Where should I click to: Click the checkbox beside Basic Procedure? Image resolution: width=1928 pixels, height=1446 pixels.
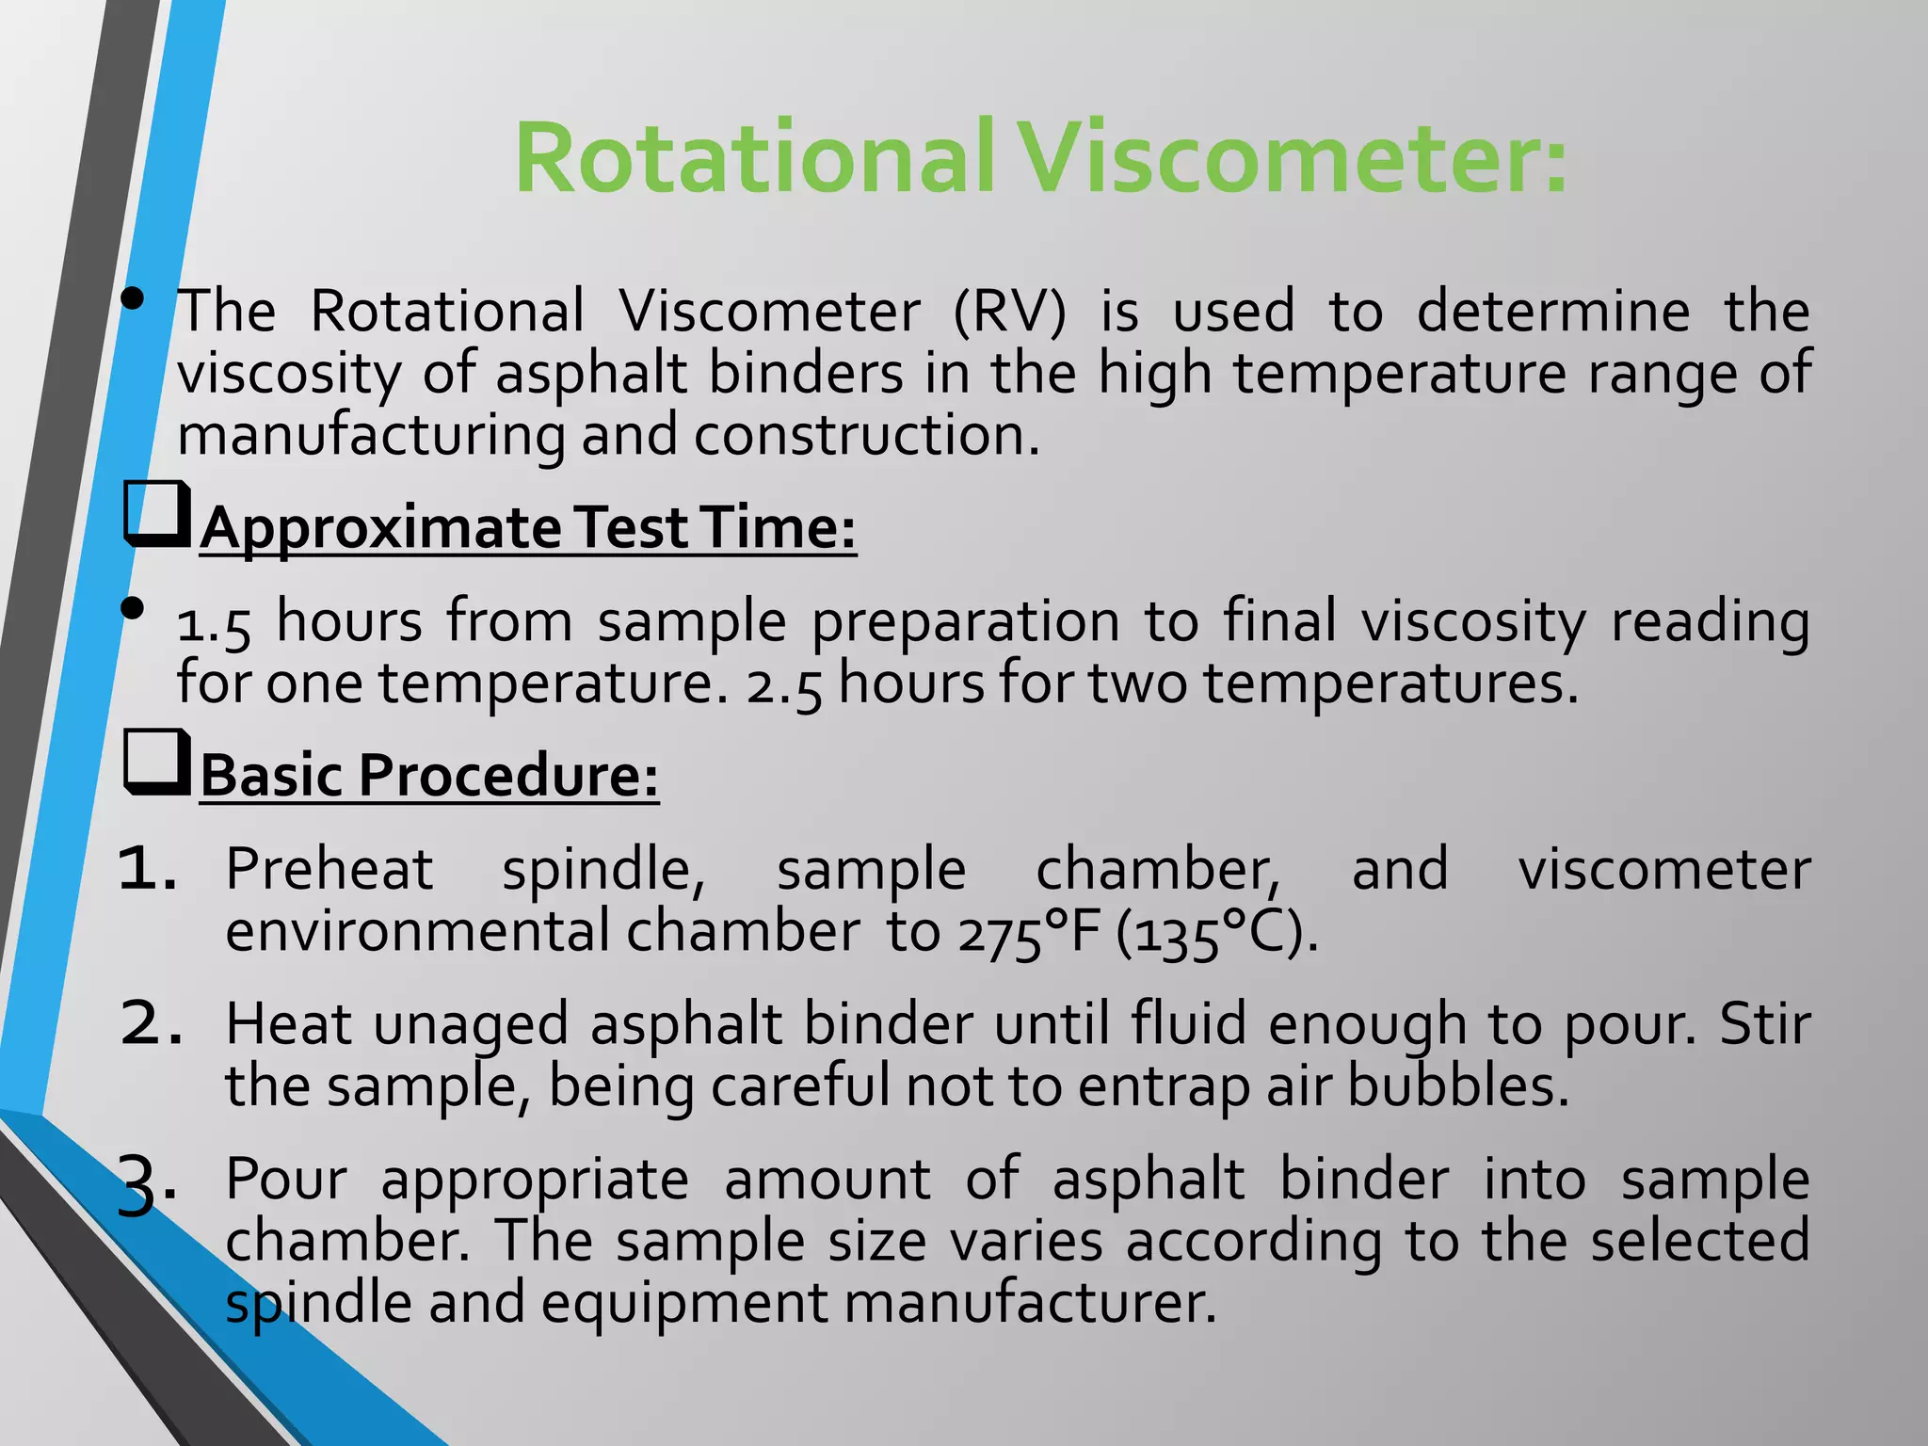(156, 763)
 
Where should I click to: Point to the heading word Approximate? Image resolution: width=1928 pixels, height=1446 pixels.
(380, 528)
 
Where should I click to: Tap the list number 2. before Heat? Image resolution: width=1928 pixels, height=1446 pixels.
(151, 1023)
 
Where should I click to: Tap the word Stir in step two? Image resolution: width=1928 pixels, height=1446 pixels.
(1764, 1023)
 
